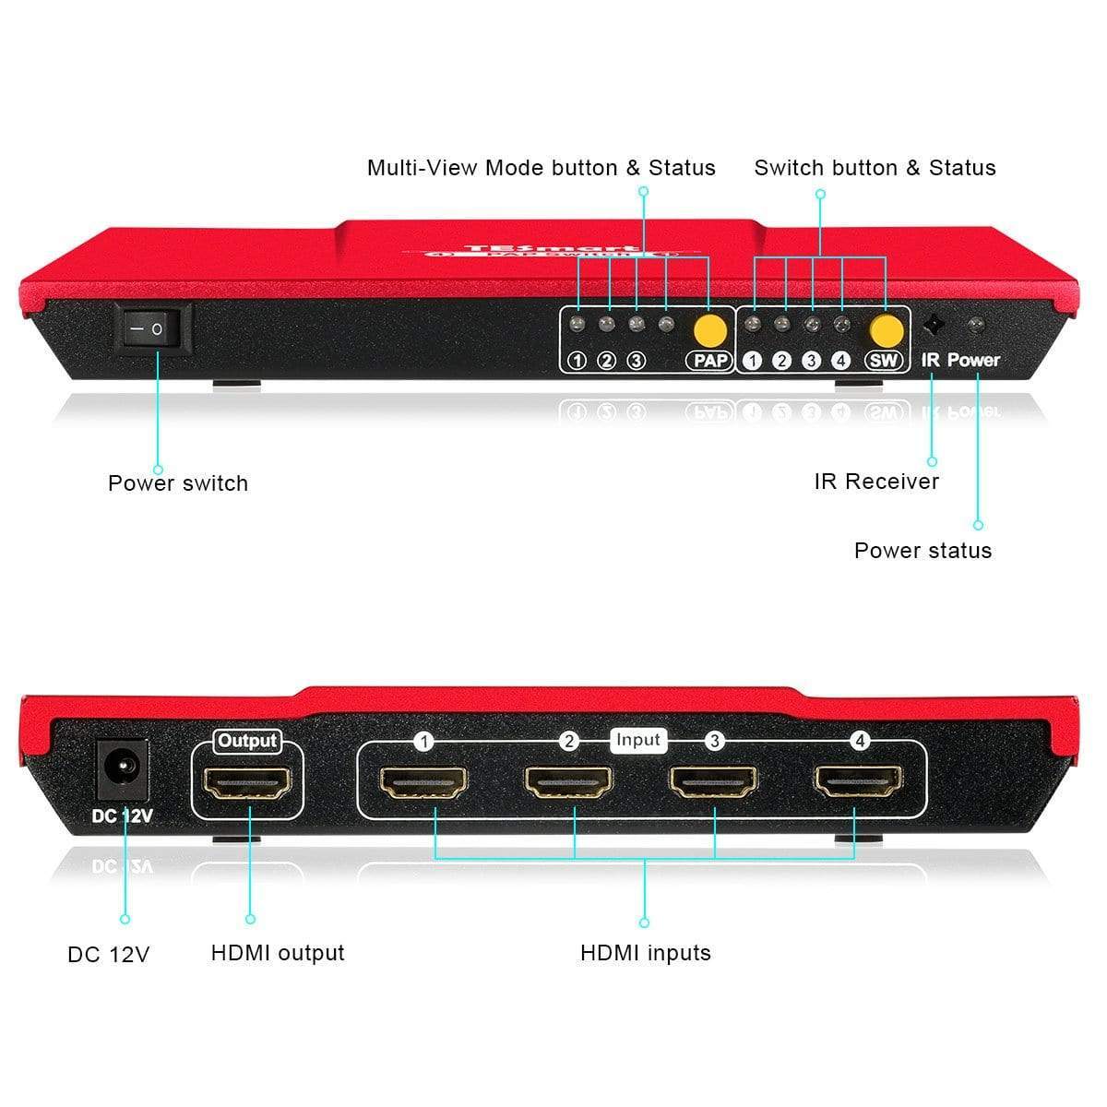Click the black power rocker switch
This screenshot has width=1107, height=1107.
pos(152,327)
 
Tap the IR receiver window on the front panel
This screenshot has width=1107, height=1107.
pos(933,326)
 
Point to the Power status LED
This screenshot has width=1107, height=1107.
pos(975,325)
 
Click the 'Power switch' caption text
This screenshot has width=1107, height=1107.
pos(178,483)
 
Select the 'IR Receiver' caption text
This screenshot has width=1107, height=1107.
pos(876,482)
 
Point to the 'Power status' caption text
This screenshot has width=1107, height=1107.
pos(922,551)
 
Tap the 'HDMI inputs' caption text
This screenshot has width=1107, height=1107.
pos(646,953)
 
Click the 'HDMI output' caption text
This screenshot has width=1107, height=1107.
pos(278,953)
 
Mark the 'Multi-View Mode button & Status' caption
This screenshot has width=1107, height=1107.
pos(542,168)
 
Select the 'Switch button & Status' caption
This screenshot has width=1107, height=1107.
pos(875,168)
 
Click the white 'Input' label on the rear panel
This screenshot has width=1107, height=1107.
pos(638,740)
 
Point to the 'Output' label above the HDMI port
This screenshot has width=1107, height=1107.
pos(247,741)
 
